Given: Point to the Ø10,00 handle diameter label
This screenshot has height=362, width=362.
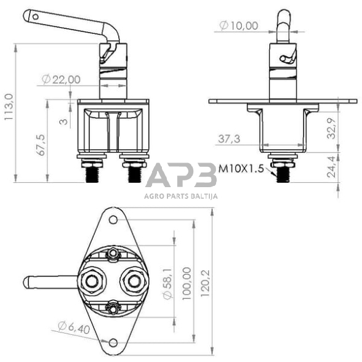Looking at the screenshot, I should (x=239, y=26).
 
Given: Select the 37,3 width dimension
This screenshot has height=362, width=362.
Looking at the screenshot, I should (x=229, y=140).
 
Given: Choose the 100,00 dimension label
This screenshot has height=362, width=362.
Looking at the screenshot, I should (x=187, y=281).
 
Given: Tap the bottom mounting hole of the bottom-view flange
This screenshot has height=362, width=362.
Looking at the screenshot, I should (x=111, y=342).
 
